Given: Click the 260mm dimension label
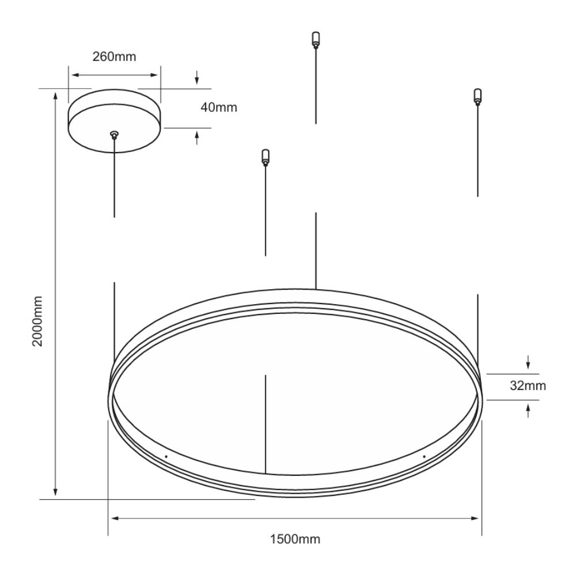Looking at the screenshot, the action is click(114, 56).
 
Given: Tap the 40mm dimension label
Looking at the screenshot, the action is click(219, 107).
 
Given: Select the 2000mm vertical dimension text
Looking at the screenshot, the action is click(37, 321).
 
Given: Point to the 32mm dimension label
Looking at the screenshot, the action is click(528, 386).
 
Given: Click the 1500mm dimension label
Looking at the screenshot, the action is click(295, 539).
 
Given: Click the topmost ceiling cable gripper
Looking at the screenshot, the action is click(316, 40).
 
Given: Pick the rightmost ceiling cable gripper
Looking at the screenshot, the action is click(478, 97).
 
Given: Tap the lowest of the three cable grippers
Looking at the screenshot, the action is click(265, 157).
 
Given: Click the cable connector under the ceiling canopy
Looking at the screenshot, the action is click(115, 135).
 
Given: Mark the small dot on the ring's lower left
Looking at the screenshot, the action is click(166, 457).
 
